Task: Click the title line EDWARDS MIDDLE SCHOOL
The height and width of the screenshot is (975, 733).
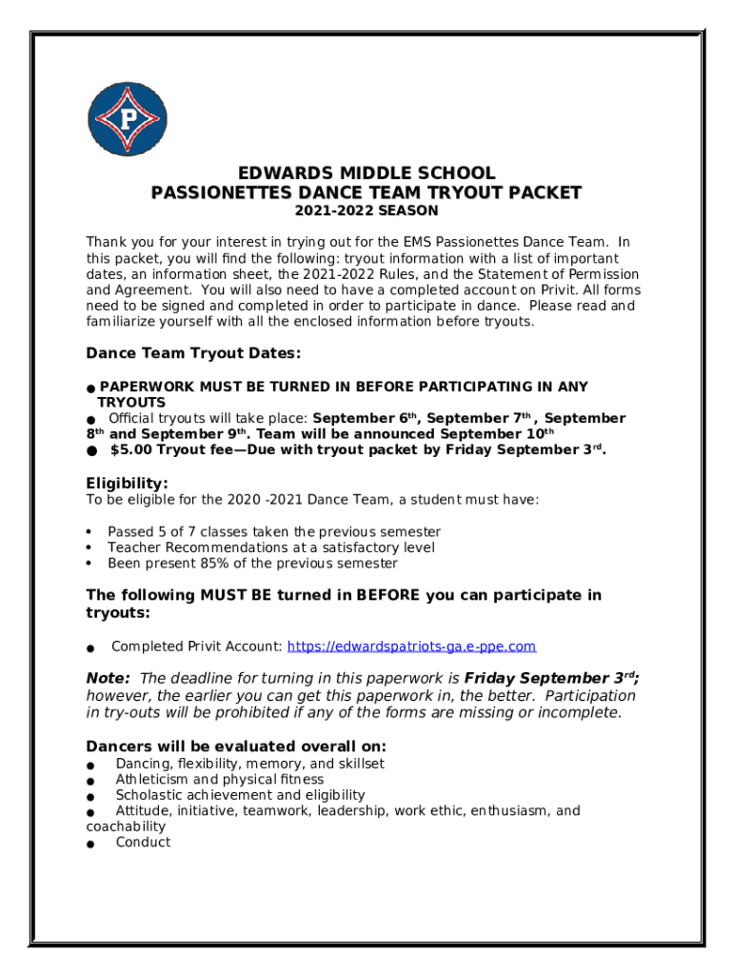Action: point(366,173)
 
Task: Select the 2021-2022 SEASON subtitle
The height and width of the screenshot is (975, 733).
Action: point(366,210)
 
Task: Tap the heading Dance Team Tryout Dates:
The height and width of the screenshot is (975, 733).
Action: point(194,353)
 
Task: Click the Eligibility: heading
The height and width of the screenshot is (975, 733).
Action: point(128,483)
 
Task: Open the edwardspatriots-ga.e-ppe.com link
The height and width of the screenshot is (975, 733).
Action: point(411,647)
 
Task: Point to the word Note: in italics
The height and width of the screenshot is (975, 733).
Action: point(109,678)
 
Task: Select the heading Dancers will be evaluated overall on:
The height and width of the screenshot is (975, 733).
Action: point(236,746)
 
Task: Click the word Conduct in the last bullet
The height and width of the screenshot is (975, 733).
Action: point(143,843)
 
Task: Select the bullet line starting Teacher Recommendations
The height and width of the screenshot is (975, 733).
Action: point(270,547)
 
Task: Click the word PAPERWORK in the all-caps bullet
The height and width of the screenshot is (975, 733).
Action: point(143,387)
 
